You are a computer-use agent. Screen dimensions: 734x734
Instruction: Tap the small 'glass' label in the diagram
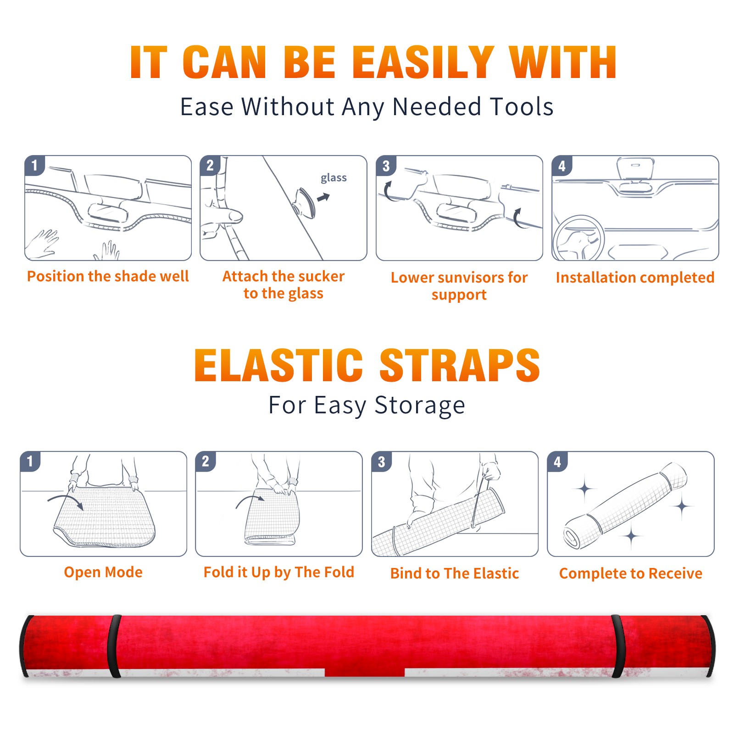[334, 178]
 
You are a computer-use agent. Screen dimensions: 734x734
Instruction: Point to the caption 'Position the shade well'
[108, 276]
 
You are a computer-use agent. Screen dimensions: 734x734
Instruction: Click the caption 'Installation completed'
[635, 278]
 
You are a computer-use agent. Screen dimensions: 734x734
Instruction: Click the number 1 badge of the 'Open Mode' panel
[30, 461]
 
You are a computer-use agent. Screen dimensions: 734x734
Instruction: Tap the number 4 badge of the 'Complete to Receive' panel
[557, 462]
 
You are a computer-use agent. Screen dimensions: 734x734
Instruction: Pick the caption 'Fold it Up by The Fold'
[279, 573]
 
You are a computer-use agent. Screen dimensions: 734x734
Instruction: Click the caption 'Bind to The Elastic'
[455, 573]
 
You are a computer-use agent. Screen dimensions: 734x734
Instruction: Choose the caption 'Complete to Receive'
[631, 573]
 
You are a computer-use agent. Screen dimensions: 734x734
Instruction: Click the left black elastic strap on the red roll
[114, 646]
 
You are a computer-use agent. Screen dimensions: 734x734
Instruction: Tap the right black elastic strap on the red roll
[618, 646]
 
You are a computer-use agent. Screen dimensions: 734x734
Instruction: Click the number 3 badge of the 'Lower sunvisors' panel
[386, 166]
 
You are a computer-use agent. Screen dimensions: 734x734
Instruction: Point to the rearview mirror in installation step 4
[635, 168]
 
